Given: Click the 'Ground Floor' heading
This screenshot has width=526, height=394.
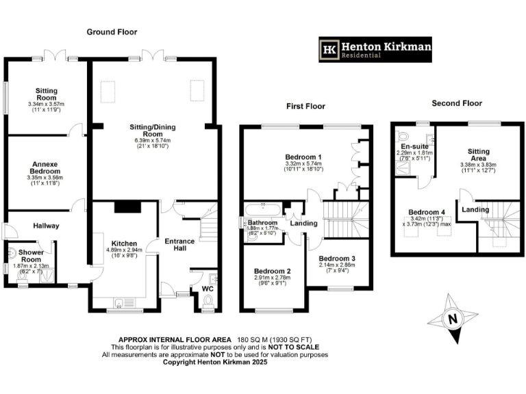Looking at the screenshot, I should point(112,32).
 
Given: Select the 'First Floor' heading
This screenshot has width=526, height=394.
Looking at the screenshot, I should point(306,106).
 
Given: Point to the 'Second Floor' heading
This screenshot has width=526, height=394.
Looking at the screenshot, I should point(456,103).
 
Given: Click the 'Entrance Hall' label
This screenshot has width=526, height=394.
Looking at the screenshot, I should point(179,245).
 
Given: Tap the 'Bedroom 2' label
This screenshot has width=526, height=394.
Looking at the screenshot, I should point(273,271).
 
